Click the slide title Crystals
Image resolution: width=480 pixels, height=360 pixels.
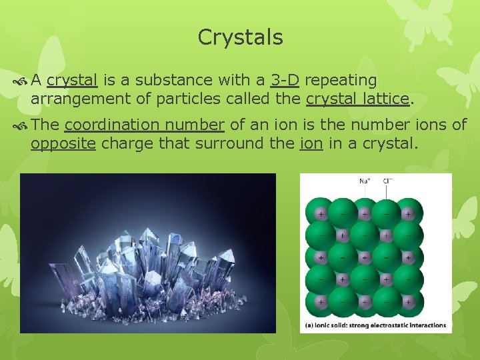pos(240,37)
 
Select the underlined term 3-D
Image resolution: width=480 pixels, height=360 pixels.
pos(285,81)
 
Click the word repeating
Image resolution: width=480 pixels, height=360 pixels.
pos(340,81)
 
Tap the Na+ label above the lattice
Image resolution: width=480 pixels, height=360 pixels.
pos(365,181)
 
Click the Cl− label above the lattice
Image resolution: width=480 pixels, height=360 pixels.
pos(387,181)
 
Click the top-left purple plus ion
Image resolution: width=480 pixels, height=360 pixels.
pos(321,214)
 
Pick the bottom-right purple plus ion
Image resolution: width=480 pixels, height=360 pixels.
pos(407,301)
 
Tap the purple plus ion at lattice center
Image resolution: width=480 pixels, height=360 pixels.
pos(364,257)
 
